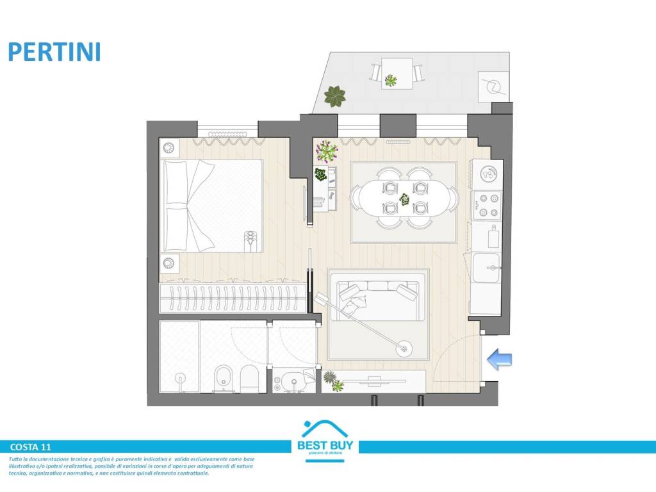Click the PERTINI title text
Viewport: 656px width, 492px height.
(54, 51)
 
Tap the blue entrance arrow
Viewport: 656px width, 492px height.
(500, 360)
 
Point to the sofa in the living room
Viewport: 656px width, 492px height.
(377, 297)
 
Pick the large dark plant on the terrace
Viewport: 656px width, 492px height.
(334, 97)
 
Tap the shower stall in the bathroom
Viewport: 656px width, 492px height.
(179, 356)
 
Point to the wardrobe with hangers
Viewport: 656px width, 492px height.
(233, 299)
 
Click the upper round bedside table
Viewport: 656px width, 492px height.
(170, 148)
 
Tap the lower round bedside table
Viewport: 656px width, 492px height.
(170, 263)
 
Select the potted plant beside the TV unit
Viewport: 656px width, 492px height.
(333, 381)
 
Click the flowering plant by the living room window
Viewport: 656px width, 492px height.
(327, 151)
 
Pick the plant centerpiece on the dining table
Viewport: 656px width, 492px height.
(405, 199)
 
